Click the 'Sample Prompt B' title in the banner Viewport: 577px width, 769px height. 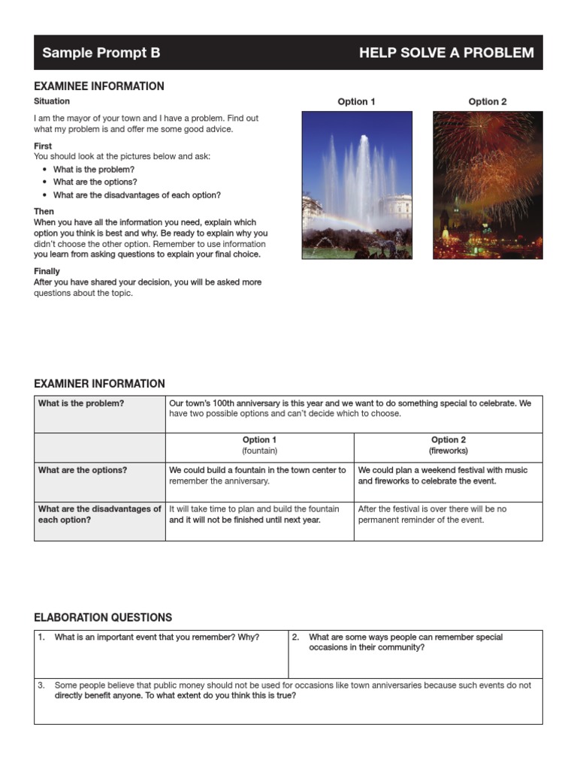click(101, 53)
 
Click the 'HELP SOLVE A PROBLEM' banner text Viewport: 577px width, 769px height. click(446, 53)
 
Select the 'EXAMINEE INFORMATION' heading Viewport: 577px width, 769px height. click(99, 86)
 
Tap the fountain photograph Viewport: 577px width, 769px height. click(357, 185)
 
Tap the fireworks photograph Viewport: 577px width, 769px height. click(488, 185)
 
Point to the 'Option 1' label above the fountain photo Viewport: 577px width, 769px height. click(357, 101)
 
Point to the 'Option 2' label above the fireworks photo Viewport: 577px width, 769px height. click(488, 101)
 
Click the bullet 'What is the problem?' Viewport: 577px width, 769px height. click(94, 170)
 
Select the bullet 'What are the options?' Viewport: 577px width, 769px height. click(95, 182)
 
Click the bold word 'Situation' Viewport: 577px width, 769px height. click(52, 101)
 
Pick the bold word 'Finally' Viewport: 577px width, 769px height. click(47, 271)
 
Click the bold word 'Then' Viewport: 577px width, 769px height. click(44, 212)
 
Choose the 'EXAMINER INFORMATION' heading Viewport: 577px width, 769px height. click(99, 384)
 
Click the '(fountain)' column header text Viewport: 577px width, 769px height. click(259, 451)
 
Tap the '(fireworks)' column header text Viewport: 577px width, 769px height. click(449, 451)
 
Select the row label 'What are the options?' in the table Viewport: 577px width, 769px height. click(83, 470)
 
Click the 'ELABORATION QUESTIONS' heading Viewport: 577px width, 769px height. click(103, 618)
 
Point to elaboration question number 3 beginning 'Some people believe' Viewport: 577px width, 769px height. click(292, 690)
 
